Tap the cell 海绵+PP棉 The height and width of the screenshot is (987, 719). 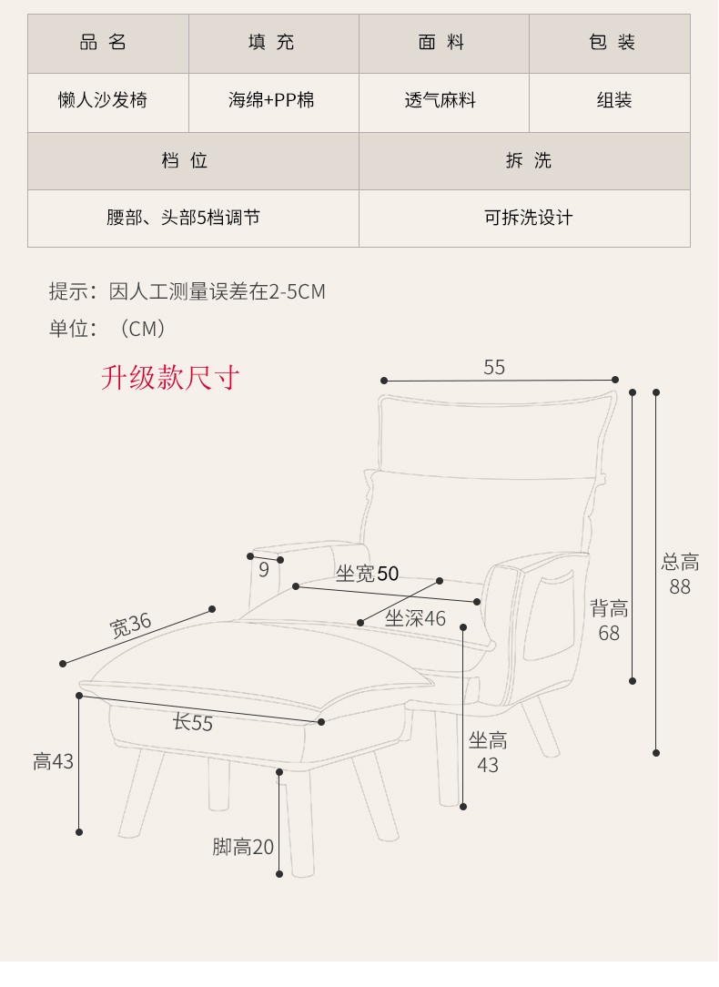tap(271, 100)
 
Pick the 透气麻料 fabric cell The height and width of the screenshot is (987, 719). tap(441, 100)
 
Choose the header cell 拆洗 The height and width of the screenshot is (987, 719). tap(528, 161)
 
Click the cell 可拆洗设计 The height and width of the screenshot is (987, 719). tap(528, 219)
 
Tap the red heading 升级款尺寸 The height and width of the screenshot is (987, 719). tap(170, 377)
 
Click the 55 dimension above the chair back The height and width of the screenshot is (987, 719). tap(494, 368)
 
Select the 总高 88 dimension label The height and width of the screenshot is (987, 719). tap(680, 575)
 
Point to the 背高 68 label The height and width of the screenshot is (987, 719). tap(609, 620)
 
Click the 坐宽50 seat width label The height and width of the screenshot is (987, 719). tap(367, 574)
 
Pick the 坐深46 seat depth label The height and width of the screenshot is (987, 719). tap(415, 619)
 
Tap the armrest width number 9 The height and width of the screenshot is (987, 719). tap(264, 570)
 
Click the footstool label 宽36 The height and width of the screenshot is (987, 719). tap(130, 626)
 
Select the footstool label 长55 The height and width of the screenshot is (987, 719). tap(193, 723)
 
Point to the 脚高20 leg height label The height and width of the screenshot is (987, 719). tap(243, 848)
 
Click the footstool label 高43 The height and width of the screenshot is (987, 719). tap(53, 761)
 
